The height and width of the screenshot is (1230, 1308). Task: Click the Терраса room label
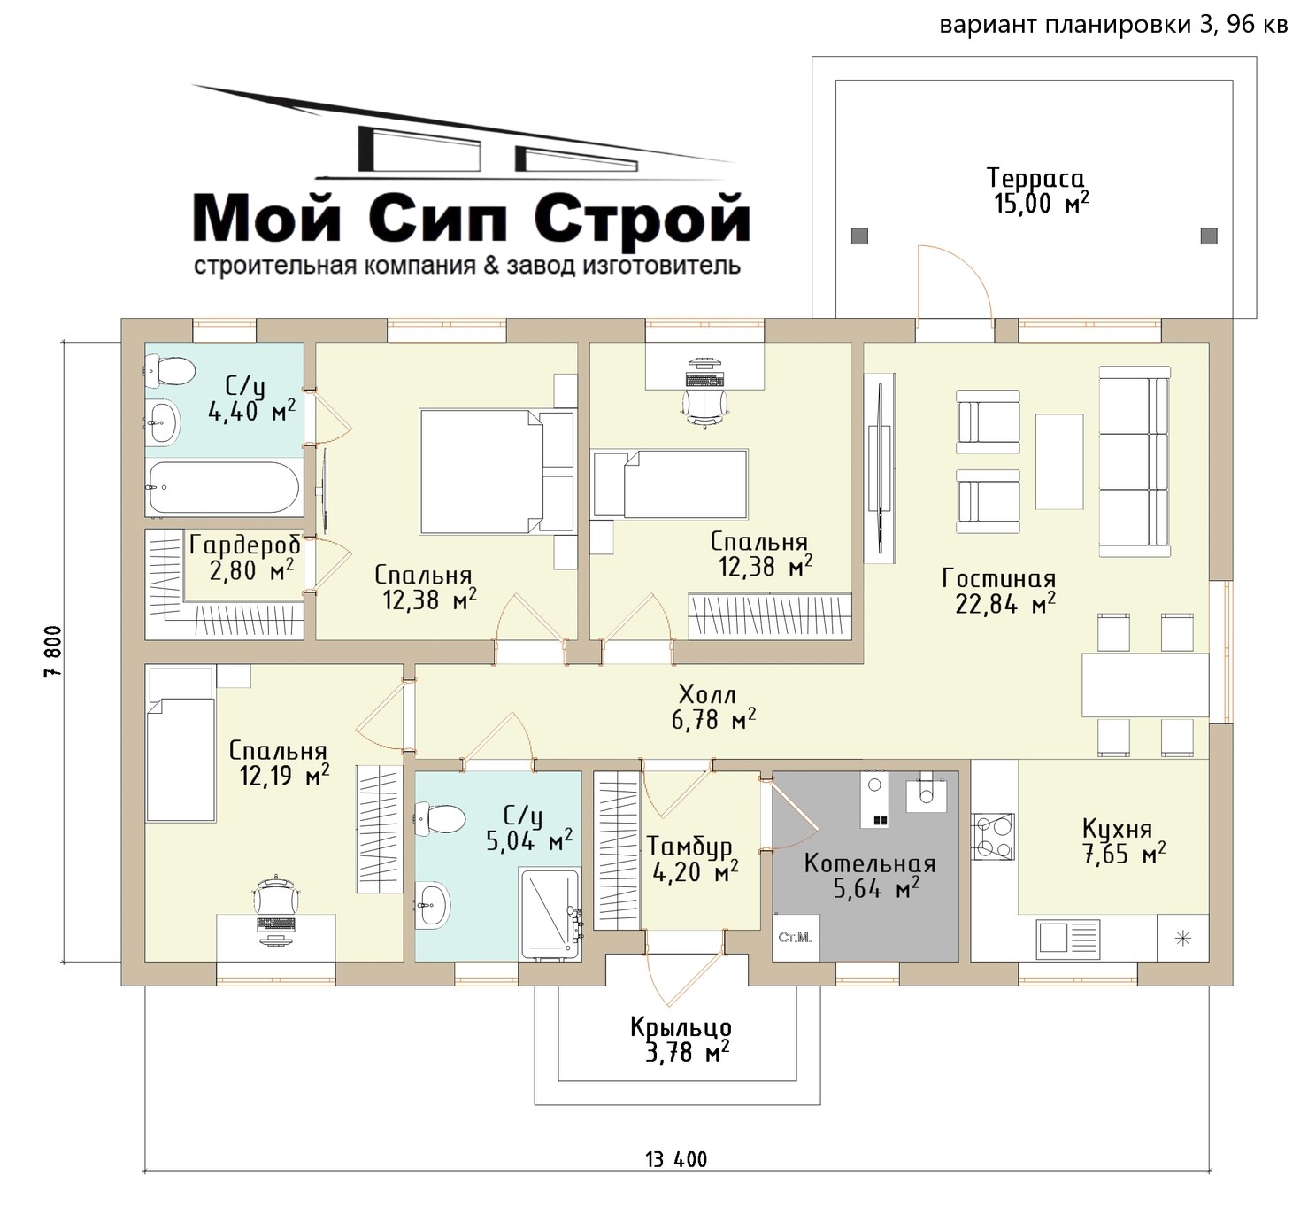point(1035,178)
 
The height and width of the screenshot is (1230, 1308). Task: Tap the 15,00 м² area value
point(1041,203)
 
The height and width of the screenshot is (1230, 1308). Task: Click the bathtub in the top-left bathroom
point(224,487)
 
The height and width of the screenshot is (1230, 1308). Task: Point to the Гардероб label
point(245,545)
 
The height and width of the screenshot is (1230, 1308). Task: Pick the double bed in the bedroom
point(496,471)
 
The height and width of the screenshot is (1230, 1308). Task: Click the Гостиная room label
point(998,578)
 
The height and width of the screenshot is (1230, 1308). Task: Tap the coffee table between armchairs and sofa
point(1059,461)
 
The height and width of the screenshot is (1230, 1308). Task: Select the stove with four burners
point(993,837)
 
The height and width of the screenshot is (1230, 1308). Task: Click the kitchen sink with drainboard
point(1068,940)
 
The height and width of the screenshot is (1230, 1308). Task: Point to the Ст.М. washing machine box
point(796,937)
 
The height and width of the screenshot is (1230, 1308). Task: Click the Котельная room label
point(869,863)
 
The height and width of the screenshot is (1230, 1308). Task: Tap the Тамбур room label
point(689,846)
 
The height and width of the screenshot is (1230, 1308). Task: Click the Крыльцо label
point(681,1027)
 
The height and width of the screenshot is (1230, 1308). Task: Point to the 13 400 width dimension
point(676,1159)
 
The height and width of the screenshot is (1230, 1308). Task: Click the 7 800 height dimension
point(53,651)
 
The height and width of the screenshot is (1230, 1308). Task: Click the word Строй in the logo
point(642,217)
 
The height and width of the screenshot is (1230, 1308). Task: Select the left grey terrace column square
point(859,236)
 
